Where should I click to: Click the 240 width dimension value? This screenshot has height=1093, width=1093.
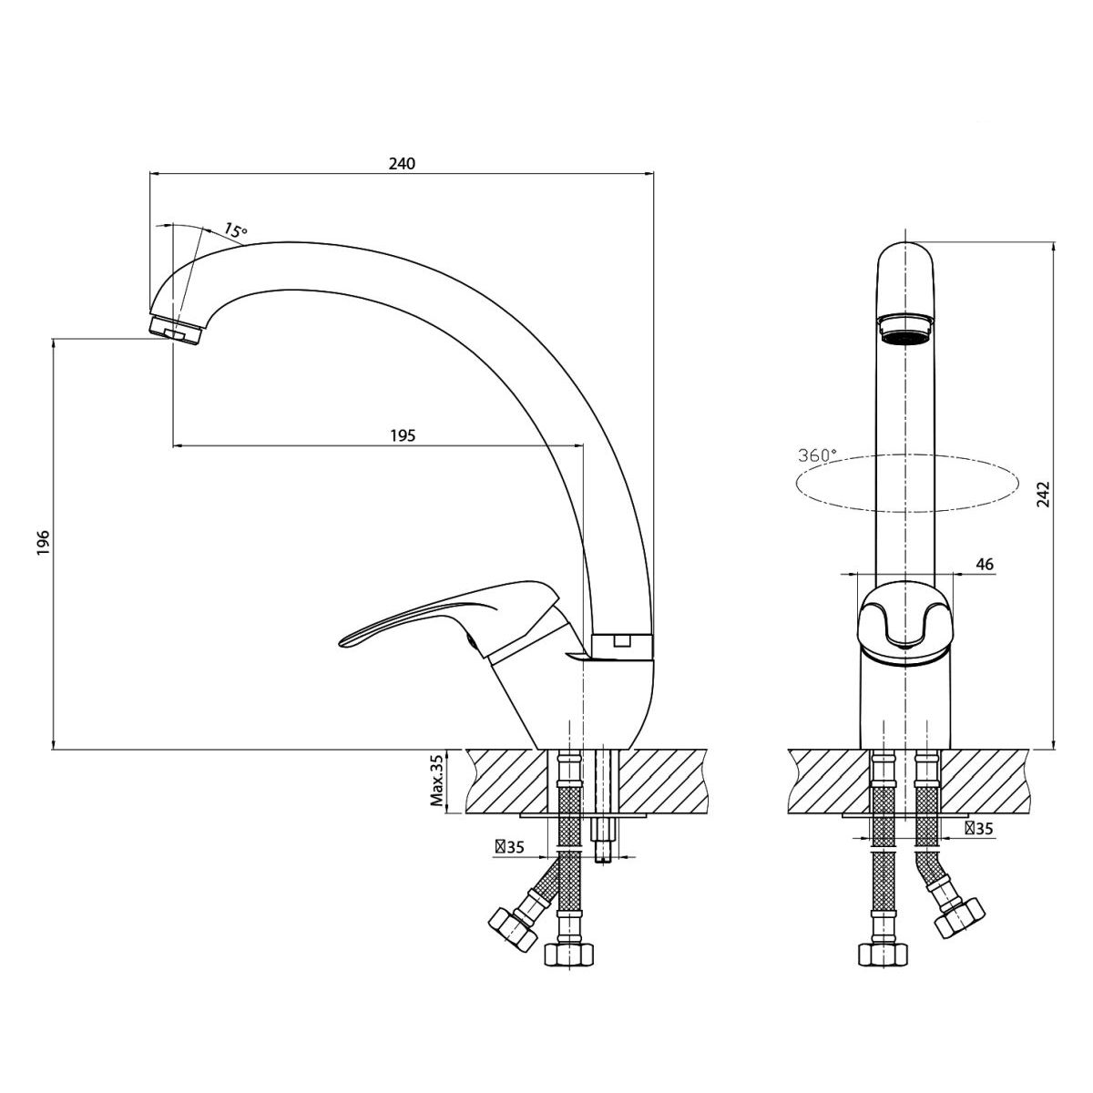[402, 164]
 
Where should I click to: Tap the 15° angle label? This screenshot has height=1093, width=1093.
[235, 230]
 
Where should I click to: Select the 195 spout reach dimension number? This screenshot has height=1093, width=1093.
[403, 435]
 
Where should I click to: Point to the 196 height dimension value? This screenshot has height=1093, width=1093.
[44, 543]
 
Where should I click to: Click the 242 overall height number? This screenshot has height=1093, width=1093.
[1044, 494]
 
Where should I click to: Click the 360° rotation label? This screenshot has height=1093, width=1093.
[817, 455]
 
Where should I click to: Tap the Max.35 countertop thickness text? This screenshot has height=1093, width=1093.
[437, 781]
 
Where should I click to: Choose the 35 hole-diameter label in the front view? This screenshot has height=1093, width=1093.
[979, 829]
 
